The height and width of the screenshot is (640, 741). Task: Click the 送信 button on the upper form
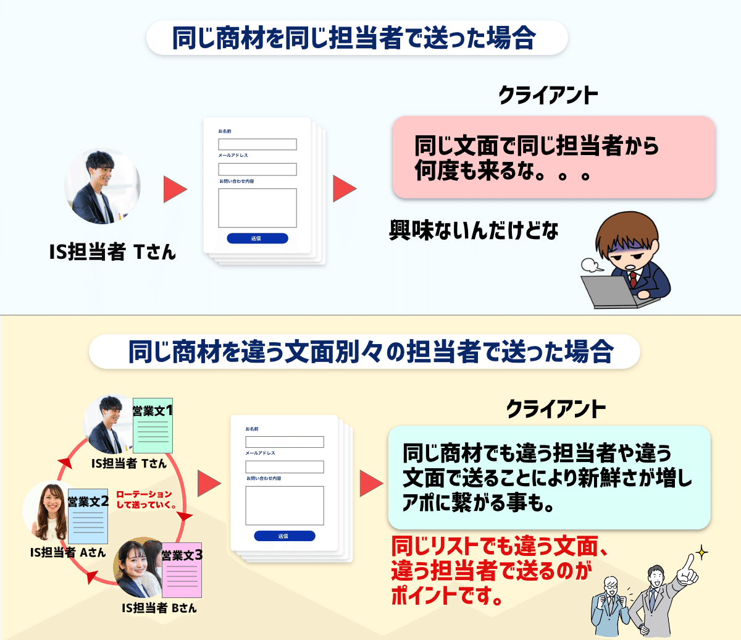click(x=257, y=238)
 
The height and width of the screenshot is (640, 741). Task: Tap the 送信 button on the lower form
click(x=285, y=536)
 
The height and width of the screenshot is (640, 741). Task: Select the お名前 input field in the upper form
click(x=257, y=144)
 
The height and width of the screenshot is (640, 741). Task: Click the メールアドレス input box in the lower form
click(x=285, y=467)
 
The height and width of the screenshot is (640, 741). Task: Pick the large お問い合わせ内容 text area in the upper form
click(x=257, y=208)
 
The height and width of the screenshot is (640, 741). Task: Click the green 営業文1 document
click(x=153, y=426)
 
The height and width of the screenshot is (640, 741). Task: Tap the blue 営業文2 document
click(x=88, y=516)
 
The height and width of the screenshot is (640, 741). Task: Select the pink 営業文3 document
click(x=182, y=570)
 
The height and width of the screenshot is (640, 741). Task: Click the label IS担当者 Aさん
click(x=68, y=552)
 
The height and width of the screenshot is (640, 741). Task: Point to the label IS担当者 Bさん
click(x=159, y=608)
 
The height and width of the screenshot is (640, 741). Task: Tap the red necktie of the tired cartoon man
click(x=634, y=279)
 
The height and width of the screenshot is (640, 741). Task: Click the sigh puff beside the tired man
click(x=591, y=265)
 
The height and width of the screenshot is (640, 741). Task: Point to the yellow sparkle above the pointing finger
click(x=701, y=552)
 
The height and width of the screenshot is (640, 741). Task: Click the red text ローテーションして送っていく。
click(x=146, y=499)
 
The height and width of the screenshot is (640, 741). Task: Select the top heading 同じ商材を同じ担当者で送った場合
click(x=354, y=38)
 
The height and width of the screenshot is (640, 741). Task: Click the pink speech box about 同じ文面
click(x=554, y=157)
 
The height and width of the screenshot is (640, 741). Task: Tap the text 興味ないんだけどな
click(x=474, y=230)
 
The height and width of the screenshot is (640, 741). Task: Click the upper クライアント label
click(x=548, y=95)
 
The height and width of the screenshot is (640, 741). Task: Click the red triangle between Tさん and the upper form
click(x=175, y=189)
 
